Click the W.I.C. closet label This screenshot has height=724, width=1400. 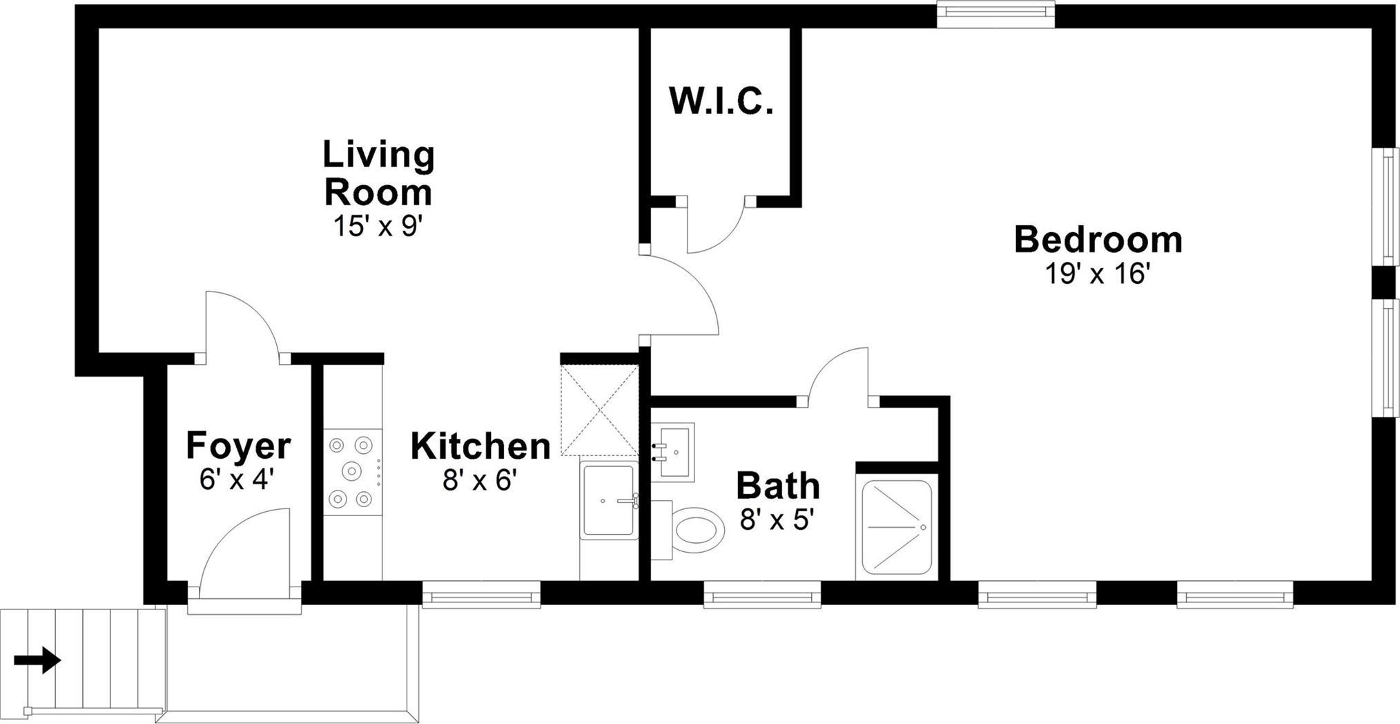pyautogui.click(x=721, y=101)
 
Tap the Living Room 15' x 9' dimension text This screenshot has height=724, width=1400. pyautogui.click(x=378, y=226)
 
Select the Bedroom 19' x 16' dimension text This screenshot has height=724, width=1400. pyautogui.click(x=1097, y=274)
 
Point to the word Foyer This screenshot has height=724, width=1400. pyautogui.click(x=238, y=446)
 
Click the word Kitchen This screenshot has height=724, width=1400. pyautogui.click(x=480, y=446)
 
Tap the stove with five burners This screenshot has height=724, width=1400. pyautogui.click(x=353, y=471)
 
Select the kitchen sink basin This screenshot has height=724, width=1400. pyautogui.click(x=609, y=501)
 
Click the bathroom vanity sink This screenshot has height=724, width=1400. pyautogui.click(x=673, y=452)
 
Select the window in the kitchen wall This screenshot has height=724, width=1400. pyautogui.click(x=481, y=595)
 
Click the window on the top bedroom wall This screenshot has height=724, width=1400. pyautogui.click(x=995, y=14)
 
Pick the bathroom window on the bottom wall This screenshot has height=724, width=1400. pyautogui.click(x=762, y=595)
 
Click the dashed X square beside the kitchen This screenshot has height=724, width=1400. pyautogui.click(x=600, y=410)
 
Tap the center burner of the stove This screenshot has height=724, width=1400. pyautogui.click(x=353, y=471)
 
